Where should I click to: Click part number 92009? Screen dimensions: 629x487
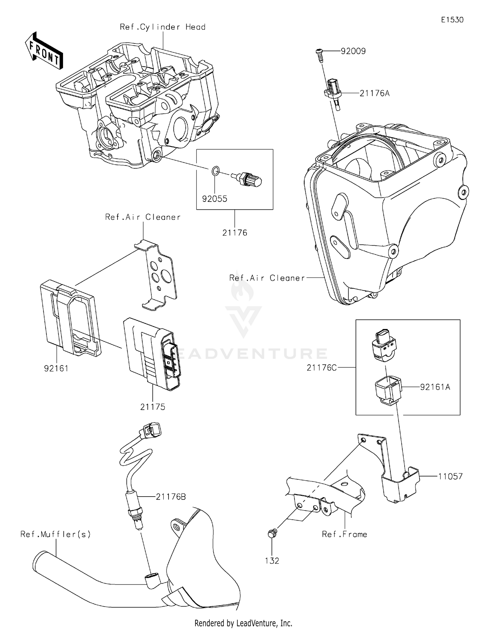pyautogui.click(x=353, y=51)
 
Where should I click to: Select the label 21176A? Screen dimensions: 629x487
pyautogui.click(x=374, y=93)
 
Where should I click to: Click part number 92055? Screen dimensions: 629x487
pyautogui.click(x=215, y=199)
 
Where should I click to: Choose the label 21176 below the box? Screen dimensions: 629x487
pyautogui.click(x=235, y=233)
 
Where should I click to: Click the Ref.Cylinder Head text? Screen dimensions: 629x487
pyautogui.click(x=163, y=27)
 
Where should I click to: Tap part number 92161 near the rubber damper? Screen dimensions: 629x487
pyautogui.click(x=56, y=368)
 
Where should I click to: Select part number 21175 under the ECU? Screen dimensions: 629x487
pyautogui.click(x=153, y=407)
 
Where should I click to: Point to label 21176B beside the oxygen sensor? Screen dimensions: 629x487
pyautogui.click(x=171, y=497)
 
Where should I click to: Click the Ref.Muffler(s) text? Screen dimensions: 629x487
pyautogui.click(x=56, y=534)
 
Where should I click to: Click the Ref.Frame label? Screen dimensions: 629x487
pyautogui.click(x=344, y=534)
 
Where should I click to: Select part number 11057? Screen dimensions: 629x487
pyautogui.click(x=450, y=476)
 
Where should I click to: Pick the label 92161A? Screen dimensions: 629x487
pyautogui.click(x=435, y=387)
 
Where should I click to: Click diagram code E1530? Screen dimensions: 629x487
pyautogui.click(x=452, y=20)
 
